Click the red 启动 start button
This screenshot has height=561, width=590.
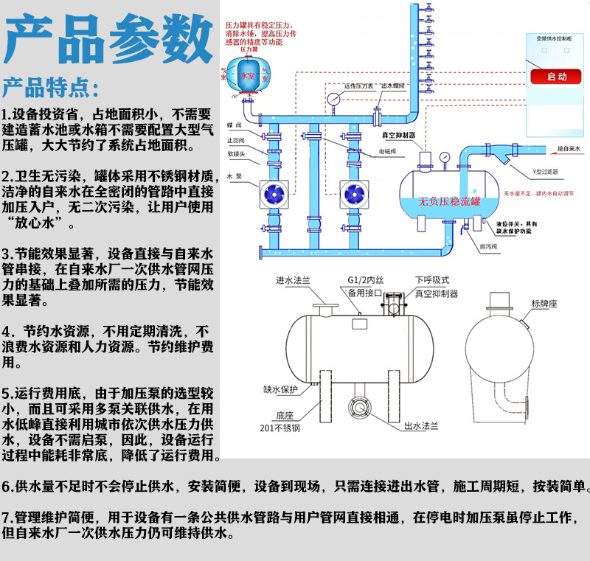tap(557, 76)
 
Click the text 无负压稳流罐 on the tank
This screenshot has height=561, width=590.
tap(449, 201)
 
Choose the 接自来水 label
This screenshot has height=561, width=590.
tap(568, 149)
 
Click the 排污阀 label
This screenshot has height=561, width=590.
tap(489, 245)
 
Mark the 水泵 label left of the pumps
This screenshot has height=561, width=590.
tap(235, 177)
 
